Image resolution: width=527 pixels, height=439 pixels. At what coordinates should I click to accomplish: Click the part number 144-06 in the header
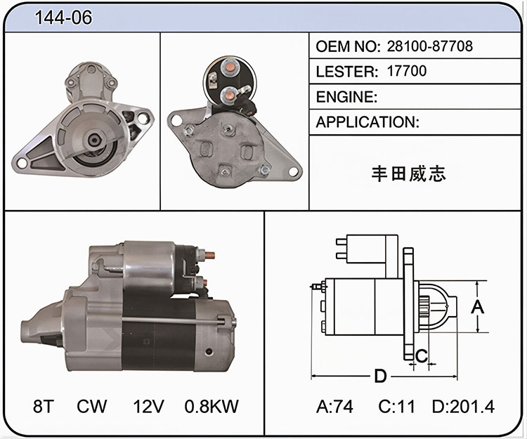[x=63, y=18]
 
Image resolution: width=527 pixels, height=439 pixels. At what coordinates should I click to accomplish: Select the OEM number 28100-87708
[x=430, y=46]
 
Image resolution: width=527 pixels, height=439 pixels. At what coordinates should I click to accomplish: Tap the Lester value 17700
[x=407, y=71]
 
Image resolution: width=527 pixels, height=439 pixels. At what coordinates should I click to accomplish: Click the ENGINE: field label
[x=346, y=97]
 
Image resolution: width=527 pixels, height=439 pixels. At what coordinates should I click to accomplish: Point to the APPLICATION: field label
[x=367, y=122]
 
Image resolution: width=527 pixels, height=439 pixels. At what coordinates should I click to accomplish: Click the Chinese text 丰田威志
[x=409, y=174]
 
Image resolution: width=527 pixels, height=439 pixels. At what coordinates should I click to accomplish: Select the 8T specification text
[x=44, y=406]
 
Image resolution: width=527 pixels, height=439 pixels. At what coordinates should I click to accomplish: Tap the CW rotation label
[x=91, y=406]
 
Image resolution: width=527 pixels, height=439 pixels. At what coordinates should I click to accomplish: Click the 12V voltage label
[x=148, y=406]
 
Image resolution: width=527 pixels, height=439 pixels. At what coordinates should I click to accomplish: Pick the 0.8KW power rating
[x=212, y=406]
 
